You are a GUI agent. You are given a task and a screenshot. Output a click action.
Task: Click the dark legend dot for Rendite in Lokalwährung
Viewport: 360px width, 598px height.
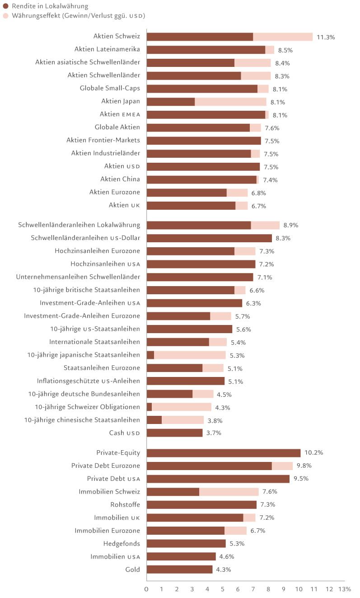click(x=5, y=6)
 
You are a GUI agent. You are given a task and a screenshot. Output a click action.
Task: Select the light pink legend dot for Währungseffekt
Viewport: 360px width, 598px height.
click(x=5, y=16)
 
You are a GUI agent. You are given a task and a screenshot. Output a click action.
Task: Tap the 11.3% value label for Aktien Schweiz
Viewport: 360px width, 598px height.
click(x=326, y=37)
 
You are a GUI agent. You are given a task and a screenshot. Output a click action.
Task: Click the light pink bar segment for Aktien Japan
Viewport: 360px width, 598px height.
click(x=230, y=102)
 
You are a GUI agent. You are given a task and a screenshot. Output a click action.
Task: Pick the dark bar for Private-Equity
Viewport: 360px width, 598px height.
click(x=224, y=453)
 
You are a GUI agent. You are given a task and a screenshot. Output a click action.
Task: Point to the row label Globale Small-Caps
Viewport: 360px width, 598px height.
click(x=110, y=89)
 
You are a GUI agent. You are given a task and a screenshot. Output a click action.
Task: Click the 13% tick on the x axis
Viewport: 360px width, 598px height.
click(x=345, y=589)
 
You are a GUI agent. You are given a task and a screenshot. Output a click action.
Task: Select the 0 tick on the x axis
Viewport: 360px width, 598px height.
click(x=146, y=589)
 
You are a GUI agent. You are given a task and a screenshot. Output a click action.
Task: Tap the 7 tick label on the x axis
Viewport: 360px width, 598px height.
click(x=253, y=589)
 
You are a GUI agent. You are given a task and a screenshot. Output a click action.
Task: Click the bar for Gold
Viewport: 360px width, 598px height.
click(x=179, y=570)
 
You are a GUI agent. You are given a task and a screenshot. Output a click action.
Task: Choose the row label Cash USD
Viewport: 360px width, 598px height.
click(x=124, y=433)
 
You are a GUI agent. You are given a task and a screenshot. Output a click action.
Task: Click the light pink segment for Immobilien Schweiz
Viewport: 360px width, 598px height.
click(x=229, y=492)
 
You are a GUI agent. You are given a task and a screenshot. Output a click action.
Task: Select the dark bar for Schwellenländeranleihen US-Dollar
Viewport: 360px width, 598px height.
click(x=209, y=238)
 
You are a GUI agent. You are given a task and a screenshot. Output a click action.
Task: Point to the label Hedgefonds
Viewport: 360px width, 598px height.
click(x=122, y=543)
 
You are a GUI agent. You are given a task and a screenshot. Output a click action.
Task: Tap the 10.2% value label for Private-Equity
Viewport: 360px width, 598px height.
click(x=313, y=453)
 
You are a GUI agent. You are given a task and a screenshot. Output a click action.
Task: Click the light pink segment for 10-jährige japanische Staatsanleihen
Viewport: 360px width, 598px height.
click(x=190, y=355)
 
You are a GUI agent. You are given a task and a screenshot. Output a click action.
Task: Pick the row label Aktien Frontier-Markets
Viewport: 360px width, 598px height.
click(x=103, y=140)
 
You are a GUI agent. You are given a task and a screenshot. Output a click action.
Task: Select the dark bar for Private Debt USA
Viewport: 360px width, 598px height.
click(x=218, y=479)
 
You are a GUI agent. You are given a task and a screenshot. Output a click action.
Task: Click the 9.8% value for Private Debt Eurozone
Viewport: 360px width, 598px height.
click(x=304, y=466)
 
